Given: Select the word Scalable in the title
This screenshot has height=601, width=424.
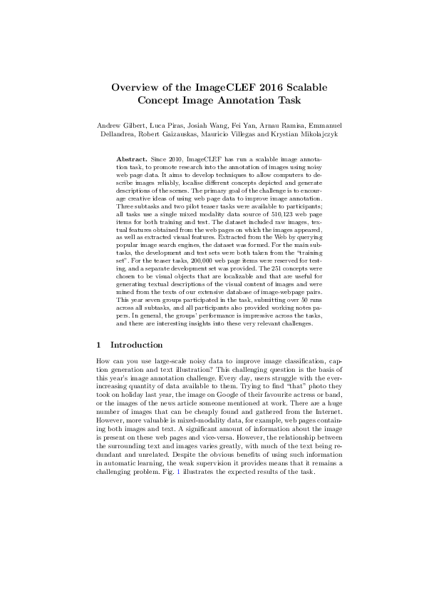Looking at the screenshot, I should [308, 87].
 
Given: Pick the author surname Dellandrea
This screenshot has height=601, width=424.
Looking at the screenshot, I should [118, 134].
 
